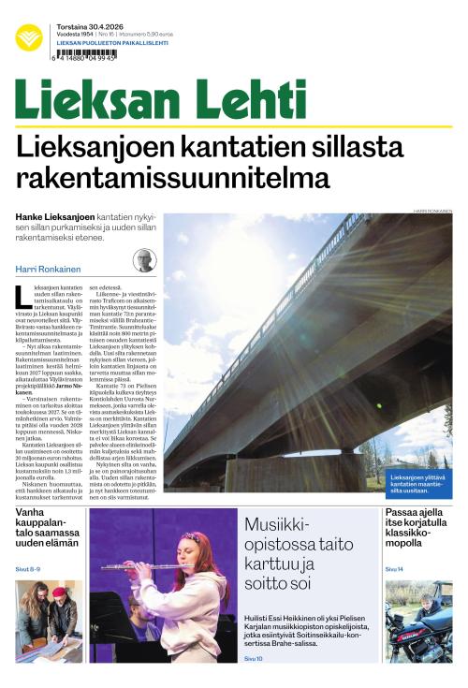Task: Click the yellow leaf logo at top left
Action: pos(29,37)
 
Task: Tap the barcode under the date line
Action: pos(86,55)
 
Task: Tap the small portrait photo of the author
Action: pos(144,260)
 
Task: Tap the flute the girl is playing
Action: pos(140,567)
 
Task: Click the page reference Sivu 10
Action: pos(254,659)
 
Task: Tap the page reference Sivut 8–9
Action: pos(28,568)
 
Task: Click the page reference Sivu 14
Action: pos(395,568)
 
